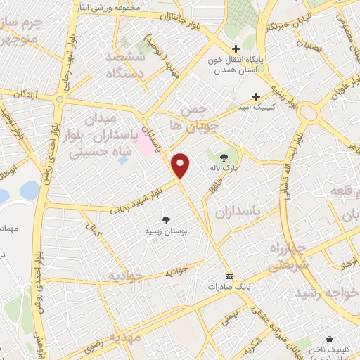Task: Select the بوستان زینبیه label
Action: [167, 230]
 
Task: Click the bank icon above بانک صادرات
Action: [228, 276]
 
